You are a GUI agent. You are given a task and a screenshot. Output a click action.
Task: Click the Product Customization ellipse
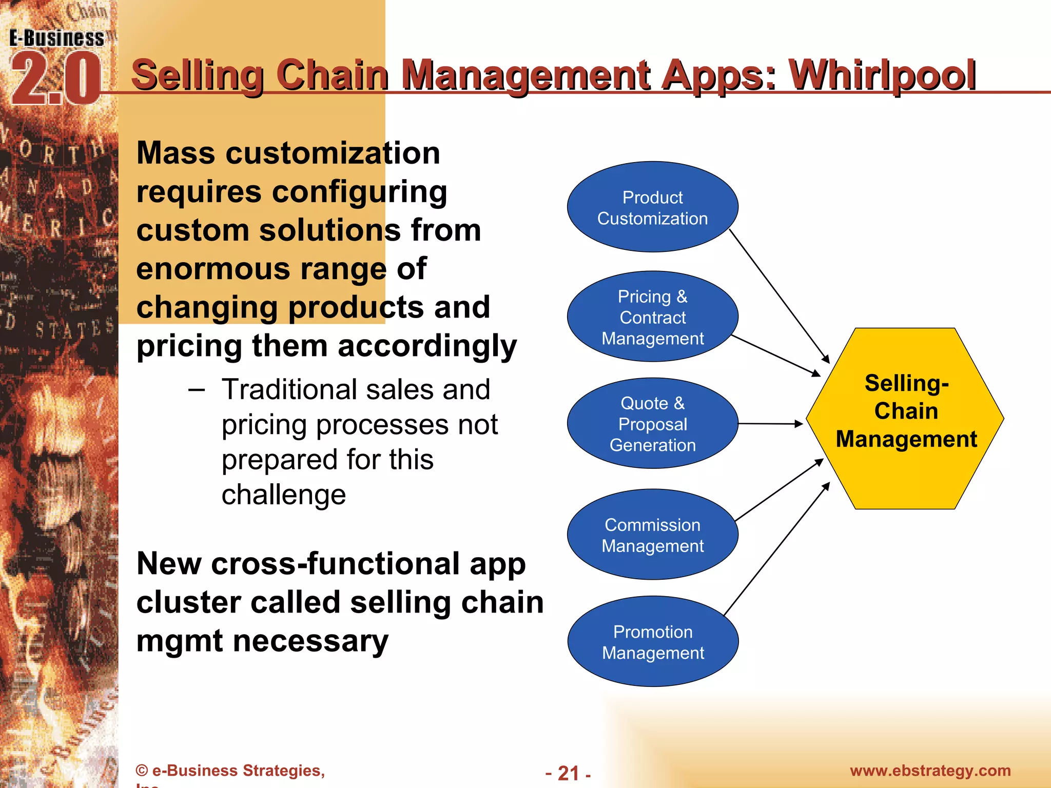652,207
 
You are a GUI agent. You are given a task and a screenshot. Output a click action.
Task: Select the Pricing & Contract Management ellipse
652,317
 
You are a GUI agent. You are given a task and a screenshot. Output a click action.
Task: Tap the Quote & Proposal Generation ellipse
652,423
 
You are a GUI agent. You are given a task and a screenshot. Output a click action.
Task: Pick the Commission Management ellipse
652,535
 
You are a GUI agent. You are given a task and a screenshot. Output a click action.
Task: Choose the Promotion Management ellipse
652,641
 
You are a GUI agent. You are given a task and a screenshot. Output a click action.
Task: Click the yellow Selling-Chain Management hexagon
905,418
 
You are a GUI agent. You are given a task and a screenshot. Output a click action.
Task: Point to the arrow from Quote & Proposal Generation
770,424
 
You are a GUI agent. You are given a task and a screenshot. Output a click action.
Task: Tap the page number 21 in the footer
568,773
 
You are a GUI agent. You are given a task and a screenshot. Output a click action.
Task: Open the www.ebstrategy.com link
930,771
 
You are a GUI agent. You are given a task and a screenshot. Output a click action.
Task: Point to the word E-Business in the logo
56,38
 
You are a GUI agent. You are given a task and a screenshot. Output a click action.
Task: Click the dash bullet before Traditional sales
196,390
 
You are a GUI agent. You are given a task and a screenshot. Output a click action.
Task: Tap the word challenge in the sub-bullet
284,495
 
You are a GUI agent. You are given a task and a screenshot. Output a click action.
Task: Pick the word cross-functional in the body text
336,564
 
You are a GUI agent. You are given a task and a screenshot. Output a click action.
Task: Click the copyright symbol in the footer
142,771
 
